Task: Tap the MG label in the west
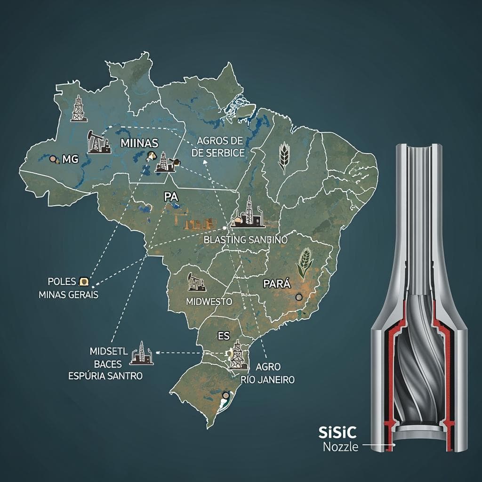point(69,160)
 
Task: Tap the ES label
point(224,336)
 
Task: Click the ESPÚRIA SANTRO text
point(105,376)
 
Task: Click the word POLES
point(62,281)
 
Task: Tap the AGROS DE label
point(220,141)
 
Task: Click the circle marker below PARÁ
point(298,297)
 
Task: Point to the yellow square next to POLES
point(84,281)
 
